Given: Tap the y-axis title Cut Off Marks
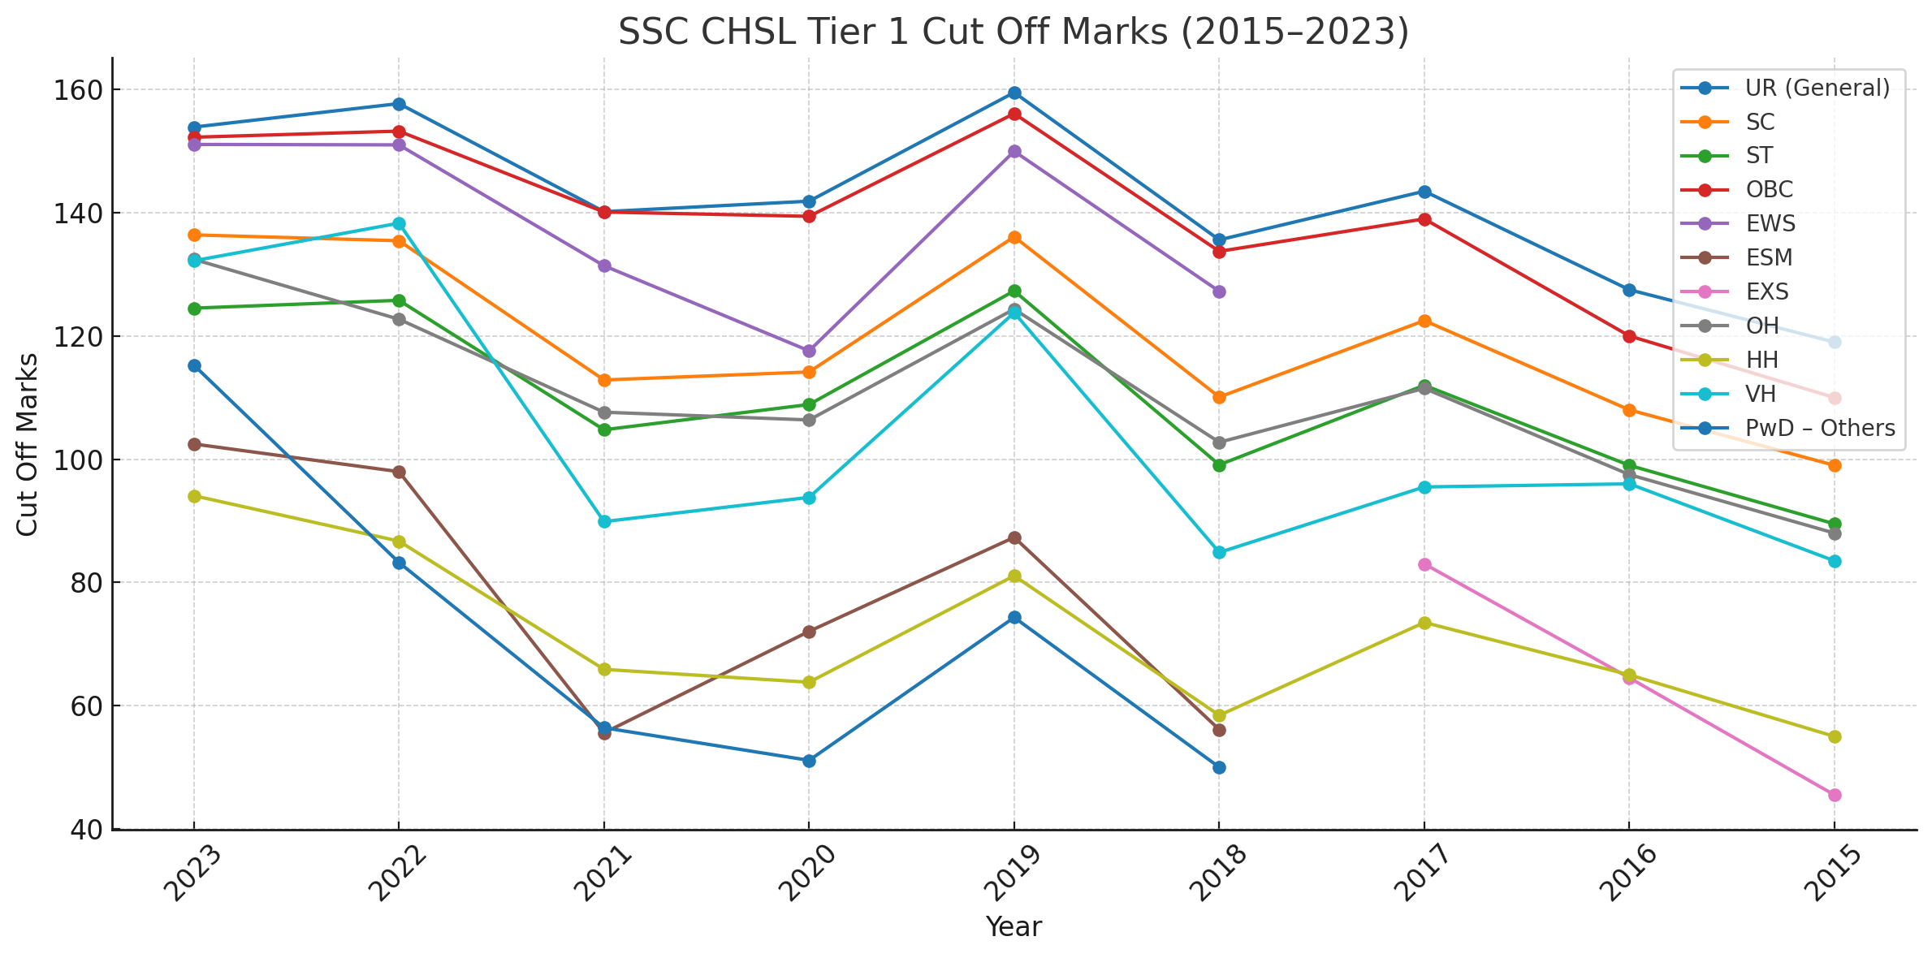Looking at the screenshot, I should pos(28,444).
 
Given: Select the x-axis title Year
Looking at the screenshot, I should pos(1014,926).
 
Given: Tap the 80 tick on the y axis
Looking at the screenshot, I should pos(82,583).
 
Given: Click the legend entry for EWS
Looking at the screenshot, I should pos(1770,224).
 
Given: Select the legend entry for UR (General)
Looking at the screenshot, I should pos(1817,88).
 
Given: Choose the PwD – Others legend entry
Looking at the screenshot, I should pos(1820,428).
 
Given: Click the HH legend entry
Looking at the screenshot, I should pos(1761,360).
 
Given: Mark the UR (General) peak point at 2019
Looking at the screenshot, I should pos(1014,93).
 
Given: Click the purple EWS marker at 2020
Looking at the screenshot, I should pos(809,352).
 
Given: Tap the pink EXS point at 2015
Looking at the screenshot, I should pos(1835,795).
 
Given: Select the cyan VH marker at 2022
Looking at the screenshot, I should pos(399,224).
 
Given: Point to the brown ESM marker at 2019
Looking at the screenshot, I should pos(1014,538).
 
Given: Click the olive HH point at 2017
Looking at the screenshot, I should pos(1424,623).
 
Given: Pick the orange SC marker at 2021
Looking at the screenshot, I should pos(604,380).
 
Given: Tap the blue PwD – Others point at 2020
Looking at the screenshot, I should pos(809,761).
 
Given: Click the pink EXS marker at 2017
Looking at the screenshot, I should pos(1424,564).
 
